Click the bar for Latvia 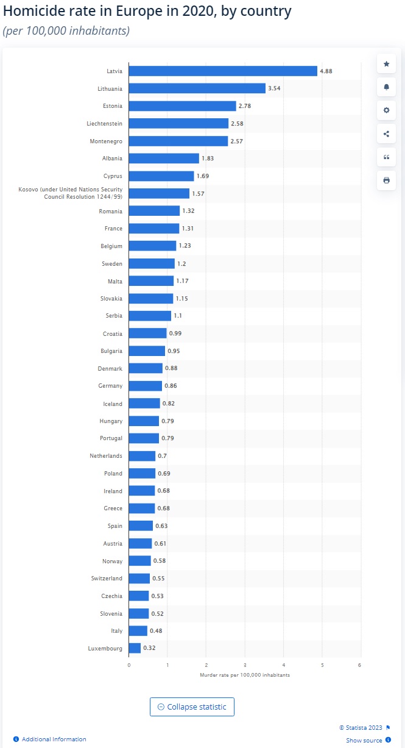coord(223,71)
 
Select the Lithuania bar coord(197,88)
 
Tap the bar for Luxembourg coord(135,648)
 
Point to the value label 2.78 coord(245,106)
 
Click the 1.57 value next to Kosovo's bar coord(198,193)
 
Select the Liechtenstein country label coord(104,123)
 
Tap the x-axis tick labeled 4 coord(284,664)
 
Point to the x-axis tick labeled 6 coord(361,664)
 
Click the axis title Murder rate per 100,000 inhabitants coord(245,675)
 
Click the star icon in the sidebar coord(386,64)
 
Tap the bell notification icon coord(386,87)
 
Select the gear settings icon coord(386,110)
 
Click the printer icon coord(386,180)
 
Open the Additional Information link coord(54,739)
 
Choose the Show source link coord(364,740)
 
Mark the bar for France coord(154,228)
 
